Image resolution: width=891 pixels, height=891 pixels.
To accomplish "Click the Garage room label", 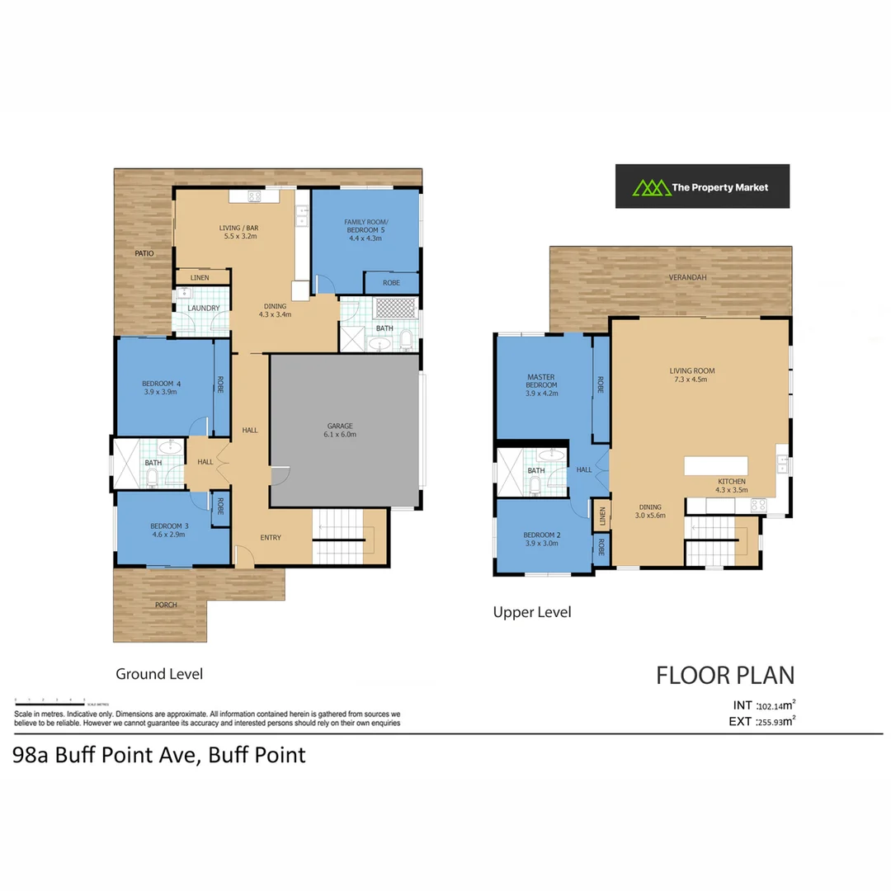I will pos(339,426).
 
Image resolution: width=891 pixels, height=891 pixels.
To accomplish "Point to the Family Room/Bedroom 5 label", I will pos(365,223).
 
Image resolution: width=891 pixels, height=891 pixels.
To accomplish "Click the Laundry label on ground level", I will pos(203,309).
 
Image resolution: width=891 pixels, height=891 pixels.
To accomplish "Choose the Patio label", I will pos(145,253).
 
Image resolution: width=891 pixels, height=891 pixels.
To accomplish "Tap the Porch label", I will pos(166,605).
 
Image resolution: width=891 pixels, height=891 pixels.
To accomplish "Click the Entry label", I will pos(270,538).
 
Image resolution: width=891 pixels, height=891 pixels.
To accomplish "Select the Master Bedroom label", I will pos(542,381).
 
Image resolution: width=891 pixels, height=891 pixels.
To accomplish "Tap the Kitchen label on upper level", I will pos(731,481).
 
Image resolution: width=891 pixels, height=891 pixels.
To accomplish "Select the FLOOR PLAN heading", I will pos(725,676).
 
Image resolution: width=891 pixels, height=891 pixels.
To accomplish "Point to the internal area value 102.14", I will pos(769,706).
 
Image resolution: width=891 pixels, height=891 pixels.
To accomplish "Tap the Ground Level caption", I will pos(158,674).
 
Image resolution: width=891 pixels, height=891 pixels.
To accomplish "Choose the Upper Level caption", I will pos(531,612).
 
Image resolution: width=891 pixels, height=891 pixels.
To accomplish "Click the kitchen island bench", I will pos(715,465).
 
